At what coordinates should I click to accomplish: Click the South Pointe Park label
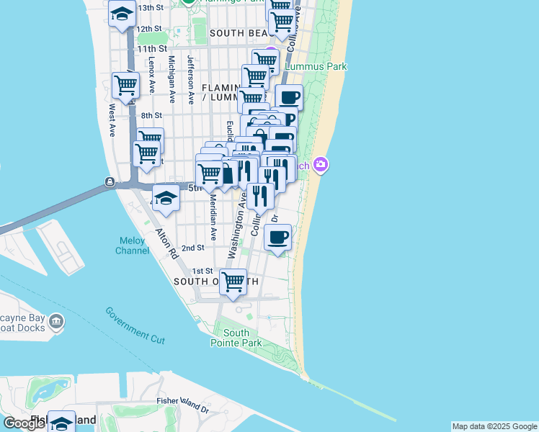pos(236,338)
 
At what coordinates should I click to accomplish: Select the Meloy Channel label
pos(132,246)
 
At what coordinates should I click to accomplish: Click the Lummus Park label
pos(316,66)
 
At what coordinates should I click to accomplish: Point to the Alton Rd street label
pos(166,244)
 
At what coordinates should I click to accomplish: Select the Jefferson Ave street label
pos(191,80)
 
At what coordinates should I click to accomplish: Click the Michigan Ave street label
pos(171,80)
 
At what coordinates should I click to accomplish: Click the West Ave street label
pos(112,120)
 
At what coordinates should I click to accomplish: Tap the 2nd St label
pos(193,247)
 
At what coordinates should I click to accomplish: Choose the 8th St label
pos(151,115)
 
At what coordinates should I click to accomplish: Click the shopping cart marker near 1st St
pos(233,282)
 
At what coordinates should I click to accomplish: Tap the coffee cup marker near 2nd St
pos(277,237)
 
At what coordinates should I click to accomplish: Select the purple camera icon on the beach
pos(321,165)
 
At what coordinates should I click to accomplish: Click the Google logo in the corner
pos(24,423)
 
